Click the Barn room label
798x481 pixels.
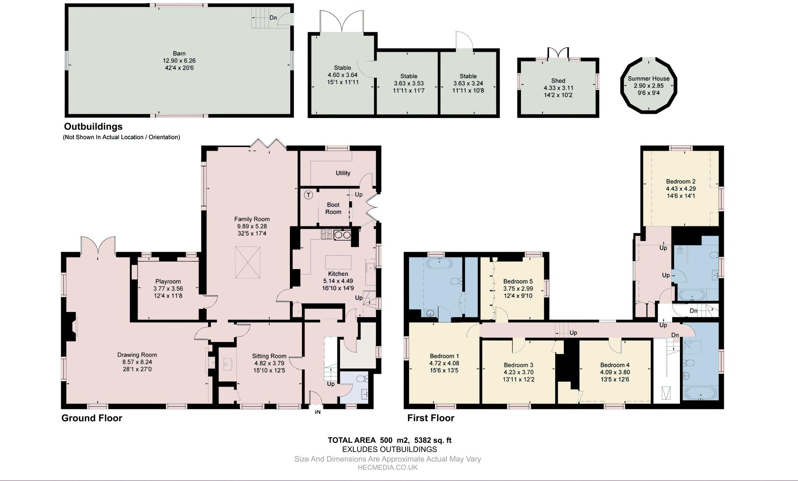pyautogui.click(x=179, y=53)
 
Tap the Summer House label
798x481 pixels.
pyautogui.click(x=648, y=78)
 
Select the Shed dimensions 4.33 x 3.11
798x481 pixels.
pyautogui.click(x=558, y=88)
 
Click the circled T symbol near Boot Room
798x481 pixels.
pyautogui.click(x=308, y=195)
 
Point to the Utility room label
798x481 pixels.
pyautogui.click(x=343, y=173)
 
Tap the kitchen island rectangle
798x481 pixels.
pyautogui.click(x=338, y=261)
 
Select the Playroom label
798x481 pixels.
pyautogui.click(x=168, y=281)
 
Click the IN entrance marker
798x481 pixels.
pyautogui.click(x=318, y=412)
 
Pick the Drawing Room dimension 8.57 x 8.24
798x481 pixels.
pyautogui.click(x=137, y=362)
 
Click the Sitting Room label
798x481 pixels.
pyautogui.click(x=269, y=356)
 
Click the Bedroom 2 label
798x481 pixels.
pyautogui.click(x=680, y=181)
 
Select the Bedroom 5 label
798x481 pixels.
pyautogui.click(x=518, y=281)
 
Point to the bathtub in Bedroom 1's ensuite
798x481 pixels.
pyautogui.click(x=440, y=263)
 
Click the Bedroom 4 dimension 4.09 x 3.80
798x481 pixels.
pyautogui.click(x=614, y=372)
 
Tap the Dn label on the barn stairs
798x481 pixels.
pyautogui.click(x=273, y=18)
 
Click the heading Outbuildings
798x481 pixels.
pyautogui.click(x=93, y=127)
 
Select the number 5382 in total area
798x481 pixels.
pyautogui.click(x=423, y=440)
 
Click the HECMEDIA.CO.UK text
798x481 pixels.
pyautogui.click(x=387, y=467)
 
